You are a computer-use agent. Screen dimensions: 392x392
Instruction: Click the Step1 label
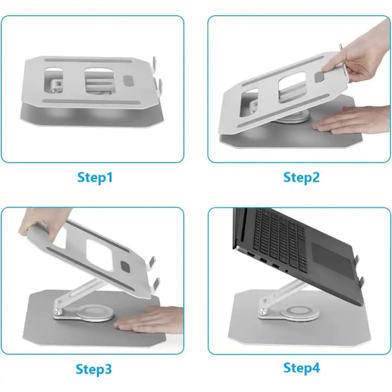pyautogui.click(x=95, y=178)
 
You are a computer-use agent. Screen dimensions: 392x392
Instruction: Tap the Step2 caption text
pyautogui.click(x=301, y=178)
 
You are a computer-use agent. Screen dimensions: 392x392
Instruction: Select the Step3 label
pyautogui.click(x=94, y=369)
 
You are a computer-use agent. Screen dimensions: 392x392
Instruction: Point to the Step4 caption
pyautogui.click(x=301, y=368)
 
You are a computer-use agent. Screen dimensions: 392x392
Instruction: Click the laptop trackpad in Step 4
pyautogui.click(x=333, y=260)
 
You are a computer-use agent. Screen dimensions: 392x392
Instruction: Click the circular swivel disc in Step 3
pyautogui.click(x=94, y=313)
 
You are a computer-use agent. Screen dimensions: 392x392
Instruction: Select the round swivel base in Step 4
pyautogui.click(x=300, y=313)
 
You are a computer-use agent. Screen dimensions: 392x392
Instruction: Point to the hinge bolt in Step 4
pyautogui.click(x=263, y=311)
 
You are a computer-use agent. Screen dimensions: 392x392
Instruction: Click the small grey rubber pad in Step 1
pyautogui.click(x=129, y=80)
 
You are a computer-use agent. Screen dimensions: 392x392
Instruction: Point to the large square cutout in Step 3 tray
pyautogui.click(x=99, y=255)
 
